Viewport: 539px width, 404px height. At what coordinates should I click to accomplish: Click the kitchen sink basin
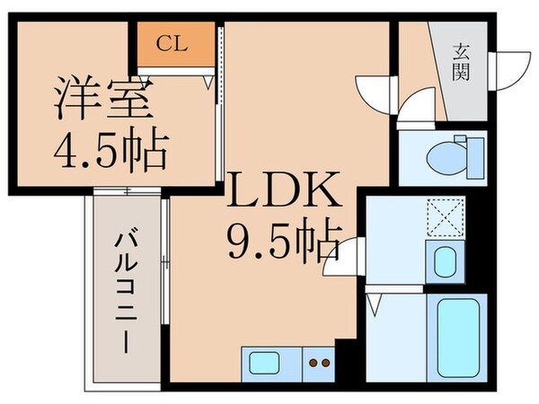(x=266, y=364)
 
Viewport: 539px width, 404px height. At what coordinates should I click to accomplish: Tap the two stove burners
(x=318, y=364)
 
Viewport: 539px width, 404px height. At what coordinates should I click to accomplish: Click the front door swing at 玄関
(x=508, y=65)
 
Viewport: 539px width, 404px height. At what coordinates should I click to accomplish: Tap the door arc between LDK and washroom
(x=349, y=256)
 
